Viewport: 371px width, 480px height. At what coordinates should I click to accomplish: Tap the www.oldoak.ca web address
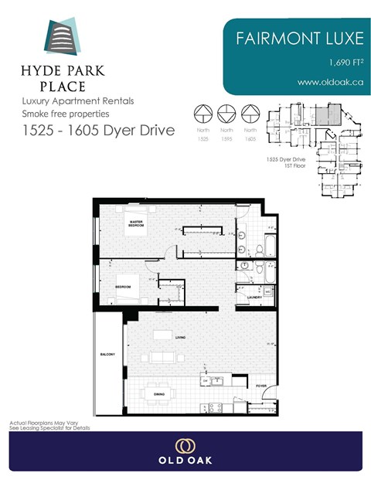[329, 82]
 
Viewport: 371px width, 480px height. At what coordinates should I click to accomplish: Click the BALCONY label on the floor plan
[107, 355]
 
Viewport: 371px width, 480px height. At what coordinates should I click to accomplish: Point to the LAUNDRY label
[254, 296]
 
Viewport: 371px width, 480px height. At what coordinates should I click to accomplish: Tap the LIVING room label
[180, 338]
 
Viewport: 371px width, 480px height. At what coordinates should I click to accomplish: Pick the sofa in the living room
[162, 357]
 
